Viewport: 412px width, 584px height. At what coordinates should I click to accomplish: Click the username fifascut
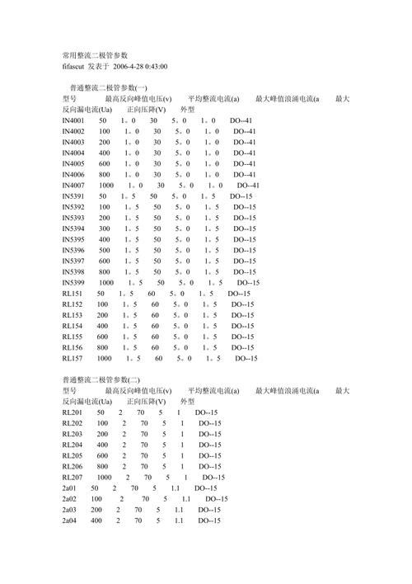(78, 65)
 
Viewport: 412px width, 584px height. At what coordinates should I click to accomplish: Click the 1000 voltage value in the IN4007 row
(105, 186)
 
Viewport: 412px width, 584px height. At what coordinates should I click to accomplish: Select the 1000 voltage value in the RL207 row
(104, 478)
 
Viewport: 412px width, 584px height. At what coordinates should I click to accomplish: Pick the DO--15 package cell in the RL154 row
(242, 326)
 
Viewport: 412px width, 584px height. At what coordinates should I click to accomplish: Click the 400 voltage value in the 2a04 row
(96, 521)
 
